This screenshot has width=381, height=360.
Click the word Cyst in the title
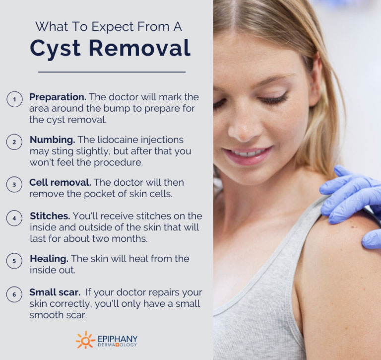[x=58, y=49]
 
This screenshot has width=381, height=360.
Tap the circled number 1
[x=14, y=99]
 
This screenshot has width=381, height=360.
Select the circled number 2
[x=14, y=142]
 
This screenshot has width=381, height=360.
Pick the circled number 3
[x=14, y=184]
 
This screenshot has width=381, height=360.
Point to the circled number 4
[x=14, y=218]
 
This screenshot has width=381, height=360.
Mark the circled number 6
[x=14, y=294]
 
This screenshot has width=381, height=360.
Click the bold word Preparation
[x=58, y=96]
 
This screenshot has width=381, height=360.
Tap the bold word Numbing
[x=52, y=140]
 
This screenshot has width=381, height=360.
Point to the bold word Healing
[x=49, y=259]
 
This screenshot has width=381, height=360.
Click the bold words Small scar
[x=55, y=292]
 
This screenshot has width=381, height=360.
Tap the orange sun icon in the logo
[x=85, y=340]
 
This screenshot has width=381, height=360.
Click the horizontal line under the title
[x=112, y=72]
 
